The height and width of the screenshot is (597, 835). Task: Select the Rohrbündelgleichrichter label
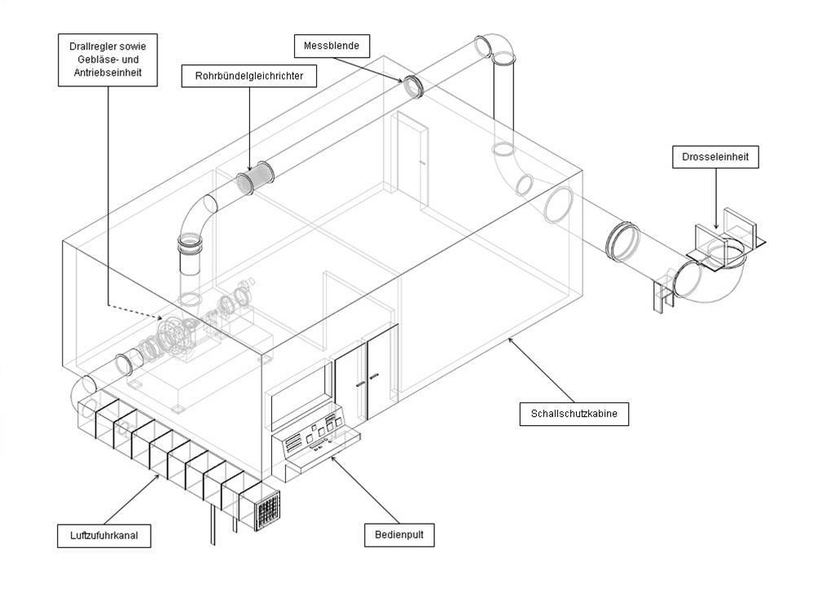[248, 77]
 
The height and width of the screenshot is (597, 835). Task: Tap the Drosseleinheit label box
[715, 156]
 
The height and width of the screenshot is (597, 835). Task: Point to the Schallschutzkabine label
[574, 414]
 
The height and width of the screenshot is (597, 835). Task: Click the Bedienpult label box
[398, 535]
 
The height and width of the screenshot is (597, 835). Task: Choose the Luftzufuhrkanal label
[104, 536]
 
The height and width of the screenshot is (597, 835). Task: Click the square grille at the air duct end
[266, 510]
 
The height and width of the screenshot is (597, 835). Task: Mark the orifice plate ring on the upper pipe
[413, 86]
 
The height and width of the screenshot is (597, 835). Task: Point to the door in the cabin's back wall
[409, 159]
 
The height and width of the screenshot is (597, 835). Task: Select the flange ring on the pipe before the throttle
[622, 242]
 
